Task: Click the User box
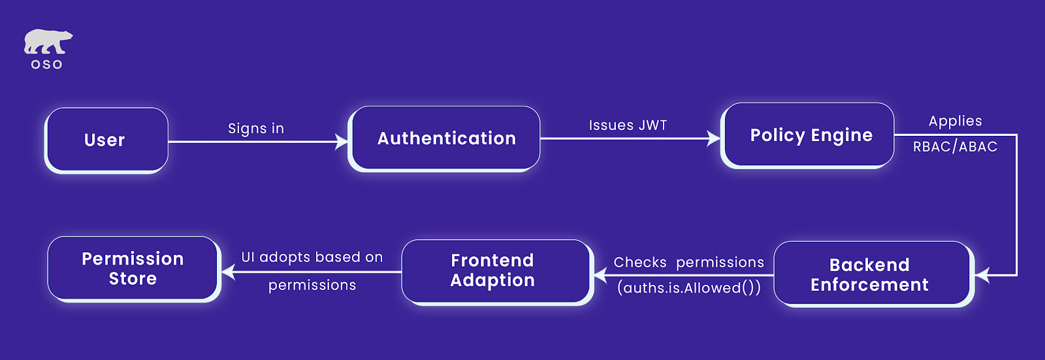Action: click(x=106, y=140)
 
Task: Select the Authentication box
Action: click(x=446, y=139)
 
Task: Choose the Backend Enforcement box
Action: click(x=871, y=274)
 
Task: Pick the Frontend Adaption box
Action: click(x=493, y=270)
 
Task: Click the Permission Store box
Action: click(x=133, y=269)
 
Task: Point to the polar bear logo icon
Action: click(x=47, y=42)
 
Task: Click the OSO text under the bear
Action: click(x=47, y=65)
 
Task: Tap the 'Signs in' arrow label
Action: click(x=256, y=129)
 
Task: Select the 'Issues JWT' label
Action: click(x=628, y=125)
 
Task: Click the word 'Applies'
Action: click(x=955, y=121)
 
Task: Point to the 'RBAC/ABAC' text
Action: click(x=955, y=147)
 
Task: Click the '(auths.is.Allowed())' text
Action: click(x=689, y=288)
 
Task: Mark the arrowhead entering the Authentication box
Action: click(x=342, y=141)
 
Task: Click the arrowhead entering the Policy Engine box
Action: click(x=714, y=138)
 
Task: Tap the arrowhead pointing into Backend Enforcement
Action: click(x=982, y=275)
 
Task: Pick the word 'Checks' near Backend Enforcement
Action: click(x=640, y=263)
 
